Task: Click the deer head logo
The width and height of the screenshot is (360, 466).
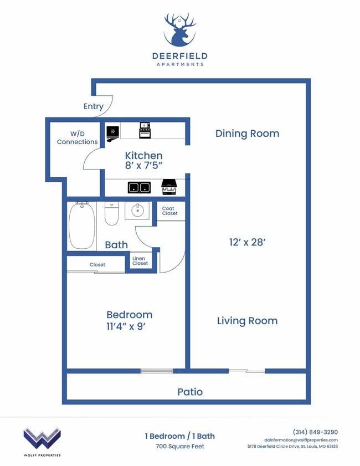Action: tap(179, 30)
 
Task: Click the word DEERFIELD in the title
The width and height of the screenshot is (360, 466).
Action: tap(179, 56)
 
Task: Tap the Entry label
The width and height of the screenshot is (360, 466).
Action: tap(93, 106)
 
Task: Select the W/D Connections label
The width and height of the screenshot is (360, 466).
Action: tap(77, 137)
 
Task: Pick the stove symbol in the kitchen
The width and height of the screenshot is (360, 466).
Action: tap(145, 130)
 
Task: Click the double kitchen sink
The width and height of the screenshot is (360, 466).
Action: tap(139, 187)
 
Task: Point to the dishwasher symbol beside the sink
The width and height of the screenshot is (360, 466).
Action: tap(168, 187)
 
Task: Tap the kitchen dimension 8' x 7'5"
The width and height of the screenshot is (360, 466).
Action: tap(143, 165)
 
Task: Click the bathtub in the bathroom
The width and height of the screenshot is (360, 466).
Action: tap(81, 226)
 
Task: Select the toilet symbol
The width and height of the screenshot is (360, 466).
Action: tap(112, 214)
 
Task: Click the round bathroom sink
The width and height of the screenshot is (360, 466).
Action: tap(137, 211)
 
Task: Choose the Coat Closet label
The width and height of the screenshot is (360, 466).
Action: tap(170, 211)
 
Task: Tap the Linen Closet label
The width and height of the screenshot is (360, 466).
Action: tap(140, 260)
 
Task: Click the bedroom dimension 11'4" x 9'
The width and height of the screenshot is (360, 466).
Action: tap(129, 326)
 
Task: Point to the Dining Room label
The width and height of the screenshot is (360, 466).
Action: tap(247, 134)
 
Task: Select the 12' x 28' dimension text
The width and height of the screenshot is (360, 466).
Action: tap(247, 242)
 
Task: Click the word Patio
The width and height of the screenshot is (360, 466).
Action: tap(190, 392)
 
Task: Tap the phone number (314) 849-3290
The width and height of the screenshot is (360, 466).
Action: tap(315, 432)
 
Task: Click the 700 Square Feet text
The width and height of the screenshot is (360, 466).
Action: tap(179, 447)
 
